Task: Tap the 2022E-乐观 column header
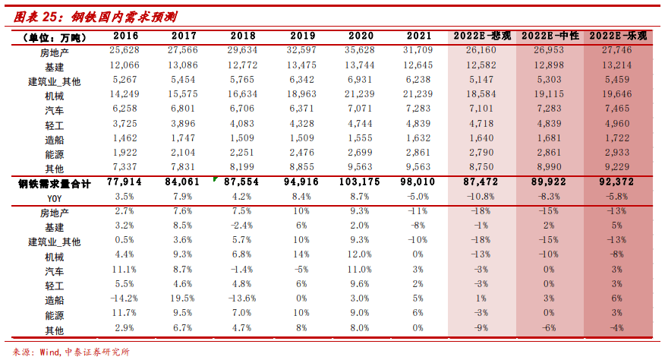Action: coord(619,36)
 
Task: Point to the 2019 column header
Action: coord(302,36)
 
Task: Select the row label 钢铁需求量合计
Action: coord(55,183)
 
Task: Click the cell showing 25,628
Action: coord(124,50)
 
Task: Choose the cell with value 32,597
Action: coord(302,50)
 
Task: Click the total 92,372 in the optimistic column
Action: coord(619,183)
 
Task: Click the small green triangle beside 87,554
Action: coord(216,179)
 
